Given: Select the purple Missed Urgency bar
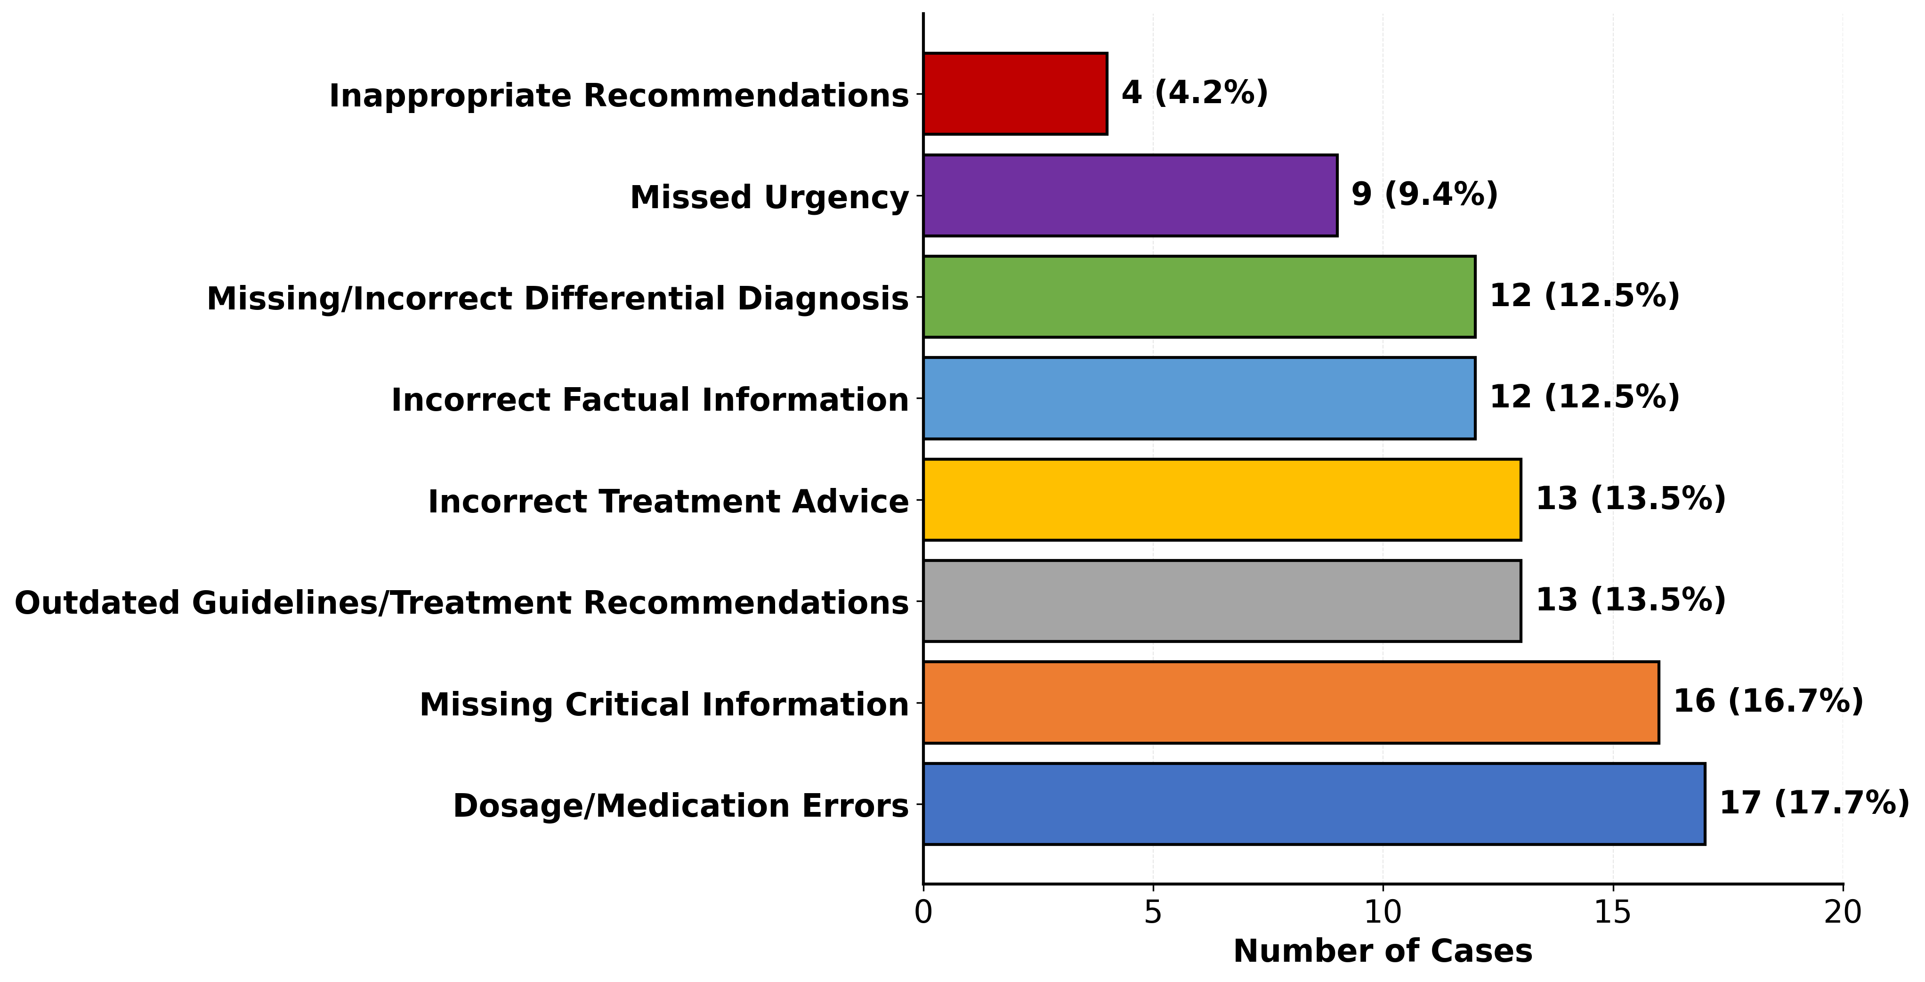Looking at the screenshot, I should click(1130, 196).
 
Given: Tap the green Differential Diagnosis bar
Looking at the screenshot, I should click(1198, 297).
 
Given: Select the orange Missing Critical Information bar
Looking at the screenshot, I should click(1291, 703).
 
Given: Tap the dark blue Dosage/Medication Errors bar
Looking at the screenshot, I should click(1314, 804).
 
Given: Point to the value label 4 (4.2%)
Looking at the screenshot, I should click(1194, 93).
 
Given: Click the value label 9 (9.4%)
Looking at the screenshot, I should click(1424, 195).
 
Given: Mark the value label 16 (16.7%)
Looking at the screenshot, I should click(1768, 701).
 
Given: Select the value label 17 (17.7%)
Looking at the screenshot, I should click(1814, 803).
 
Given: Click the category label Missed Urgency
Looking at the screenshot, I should click(769, 198).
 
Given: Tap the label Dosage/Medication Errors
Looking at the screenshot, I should click(681, 806).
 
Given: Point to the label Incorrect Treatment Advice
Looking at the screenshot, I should click(668, 502).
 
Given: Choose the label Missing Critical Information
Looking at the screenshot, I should click(663, 705).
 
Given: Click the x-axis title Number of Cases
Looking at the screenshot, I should click(1383, 951).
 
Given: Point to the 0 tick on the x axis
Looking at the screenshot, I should click(923, 912).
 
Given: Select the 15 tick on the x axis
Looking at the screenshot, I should click(1613, 912).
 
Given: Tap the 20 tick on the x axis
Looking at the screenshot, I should click(1843, 912).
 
